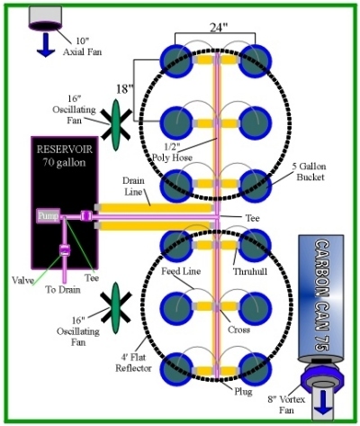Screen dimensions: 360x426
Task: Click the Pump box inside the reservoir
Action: [49, 216]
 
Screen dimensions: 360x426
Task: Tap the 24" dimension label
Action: [219, 28]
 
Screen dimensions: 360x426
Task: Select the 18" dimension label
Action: [124, 89]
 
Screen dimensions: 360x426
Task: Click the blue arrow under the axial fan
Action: [46, 45]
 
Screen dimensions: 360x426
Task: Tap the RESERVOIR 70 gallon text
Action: [64, 156]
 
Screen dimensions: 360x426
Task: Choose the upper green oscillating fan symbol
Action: [116, 125]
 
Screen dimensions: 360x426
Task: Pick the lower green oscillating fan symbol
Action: [116, 308]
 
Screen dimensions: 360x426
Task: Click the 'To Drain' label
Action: [63, 290]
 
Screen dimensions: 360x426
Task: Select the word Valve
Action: [22, 280]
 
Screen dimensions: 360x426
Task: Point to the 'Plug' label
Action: [243, 392]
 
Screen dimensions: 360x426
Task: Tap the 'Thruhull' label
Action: [250, 271]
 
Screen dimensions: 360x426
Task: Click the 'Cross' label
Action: [238, 330]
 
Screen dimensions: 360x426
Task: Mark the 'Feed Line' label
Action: [181, 271]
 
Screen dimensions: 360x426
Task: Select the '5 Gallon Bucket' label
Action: [310, 171]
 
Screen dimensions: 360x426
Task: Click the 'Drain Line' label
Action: [133, 186]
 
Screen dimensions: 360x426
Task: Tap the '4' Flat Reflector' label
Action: [133, 363]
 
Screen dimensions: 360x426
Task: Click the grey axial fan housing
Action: [46, 17]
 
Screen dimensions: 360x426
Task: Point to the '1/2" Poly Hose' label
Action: [172, 151]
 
